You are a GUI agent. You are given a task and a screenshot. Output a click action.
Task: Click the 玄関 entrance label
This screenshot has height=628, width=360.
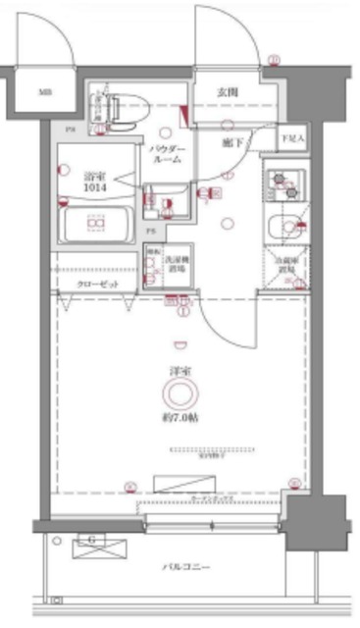(228, 94)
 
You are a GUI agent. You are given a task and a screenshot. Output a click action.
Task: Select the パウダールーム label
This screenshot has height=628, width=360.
(166, 154)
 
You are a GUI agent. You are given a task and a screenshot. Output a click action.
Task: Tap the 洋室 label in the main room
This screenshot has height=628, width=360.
(180, 371)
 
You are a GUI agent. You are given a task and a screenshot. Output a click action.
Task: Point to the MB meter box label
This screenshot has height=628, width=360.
(45, 94)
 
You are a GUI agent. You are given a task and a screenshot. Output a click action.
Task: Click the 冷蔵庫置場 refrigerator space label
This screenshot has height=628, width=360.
(288, 263)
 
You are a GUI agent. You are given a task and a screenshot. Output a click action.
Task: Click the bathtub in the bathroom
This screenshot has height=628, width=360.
(96, 228)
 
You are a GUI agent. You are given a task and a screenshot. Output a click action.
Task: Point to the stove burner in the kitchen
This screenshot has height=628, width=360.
(285, 181)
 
